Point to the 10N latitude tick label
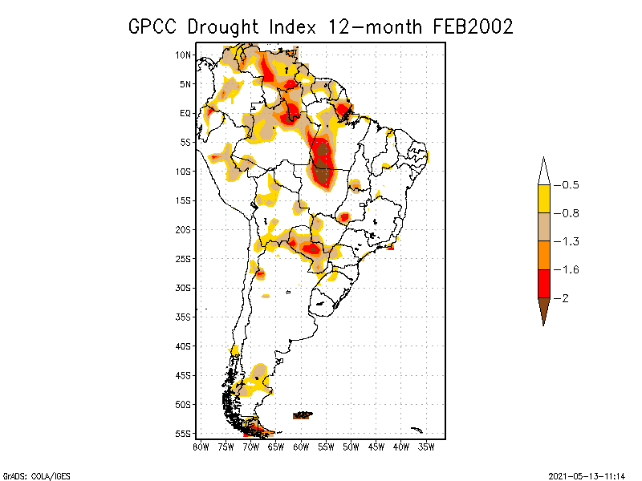[183, 55]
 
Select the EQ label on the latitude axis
[185, 113]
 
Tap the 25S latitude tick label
[183, 258]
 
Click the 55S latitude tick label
[183, 434]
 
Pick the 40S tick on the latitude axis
[183, 346]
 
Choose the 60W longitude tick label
[301, 446]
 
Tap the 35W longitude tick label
[427, 446]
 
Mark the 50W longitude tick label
[351, 446]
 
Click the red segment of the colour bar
[543, 283]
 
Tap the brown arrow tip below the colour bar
[543, 313]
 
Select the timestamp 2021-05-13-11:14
[587, 475]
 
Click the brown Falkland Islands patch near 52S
[302, 415]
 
